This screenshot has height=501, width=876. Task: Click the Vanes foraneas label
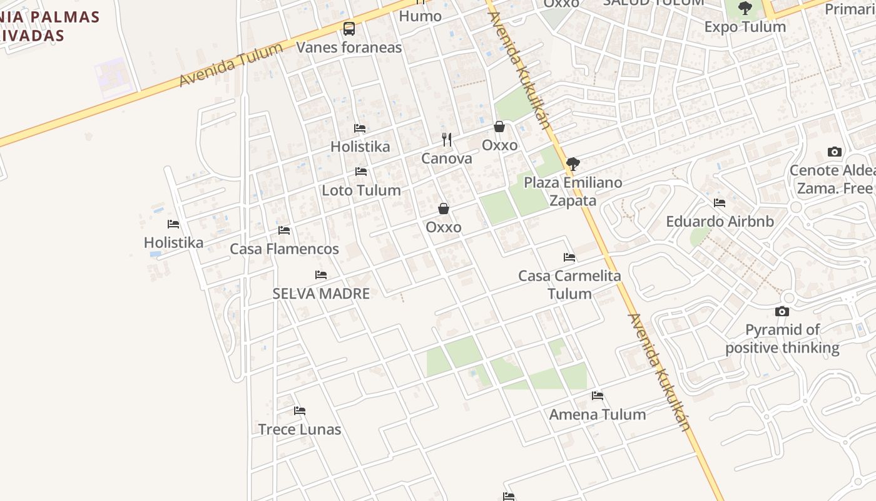coord(349,48)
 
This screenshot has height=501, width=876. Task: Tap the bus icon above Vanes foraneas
coord(349,29)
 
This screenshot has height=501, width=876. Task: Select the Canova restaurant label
coord(446,158)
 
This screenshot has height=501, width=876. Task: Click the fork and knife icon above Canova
coord(446,139)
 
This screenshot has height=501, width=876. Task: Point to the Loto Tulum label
coord(361,190)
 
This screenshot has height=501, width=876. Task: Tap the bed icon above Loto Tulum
coord(361,172)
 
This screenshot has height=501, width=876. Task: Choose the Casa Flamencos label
coord(284,249)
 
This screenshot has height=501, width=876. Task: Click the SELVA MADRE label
coord(321,294)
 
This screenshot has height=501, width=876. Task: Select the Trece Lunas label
coord(300,430)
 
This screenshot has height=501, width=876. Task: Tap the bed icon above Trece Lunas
coord(300,411)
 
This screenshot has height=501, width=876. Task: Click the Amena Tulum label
coord(597,415)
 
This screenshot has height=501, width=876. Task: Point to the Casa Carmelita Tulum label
coord(569,285)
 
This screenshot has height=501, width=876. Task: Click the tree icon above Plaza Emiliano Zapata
coord(573,164)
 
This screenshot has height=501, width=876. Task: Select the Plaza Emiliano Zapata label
coord(573,192)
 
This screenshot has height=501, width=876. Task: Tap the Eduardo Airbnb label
coord(720,222)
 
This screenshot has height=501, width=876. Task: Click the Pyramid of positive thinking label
coord(782,339)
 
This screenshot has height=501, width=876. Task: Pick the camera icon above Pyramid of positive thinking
coord(782,311)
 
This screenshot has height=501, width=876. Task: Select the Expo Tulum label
coord(745,27)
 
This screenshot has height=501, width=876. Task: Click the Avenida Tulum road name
coord(232,65)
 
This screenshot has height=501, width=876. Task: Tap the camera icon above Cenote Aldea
coord(834,152)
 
